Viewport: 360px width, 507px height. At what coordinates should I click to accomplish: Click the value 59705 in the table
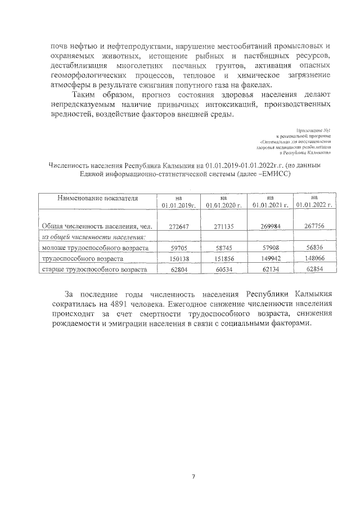(x=178, y=248)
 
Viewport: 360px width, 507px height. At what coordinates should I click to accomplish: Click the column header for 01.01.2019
(x=178, y=202)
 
